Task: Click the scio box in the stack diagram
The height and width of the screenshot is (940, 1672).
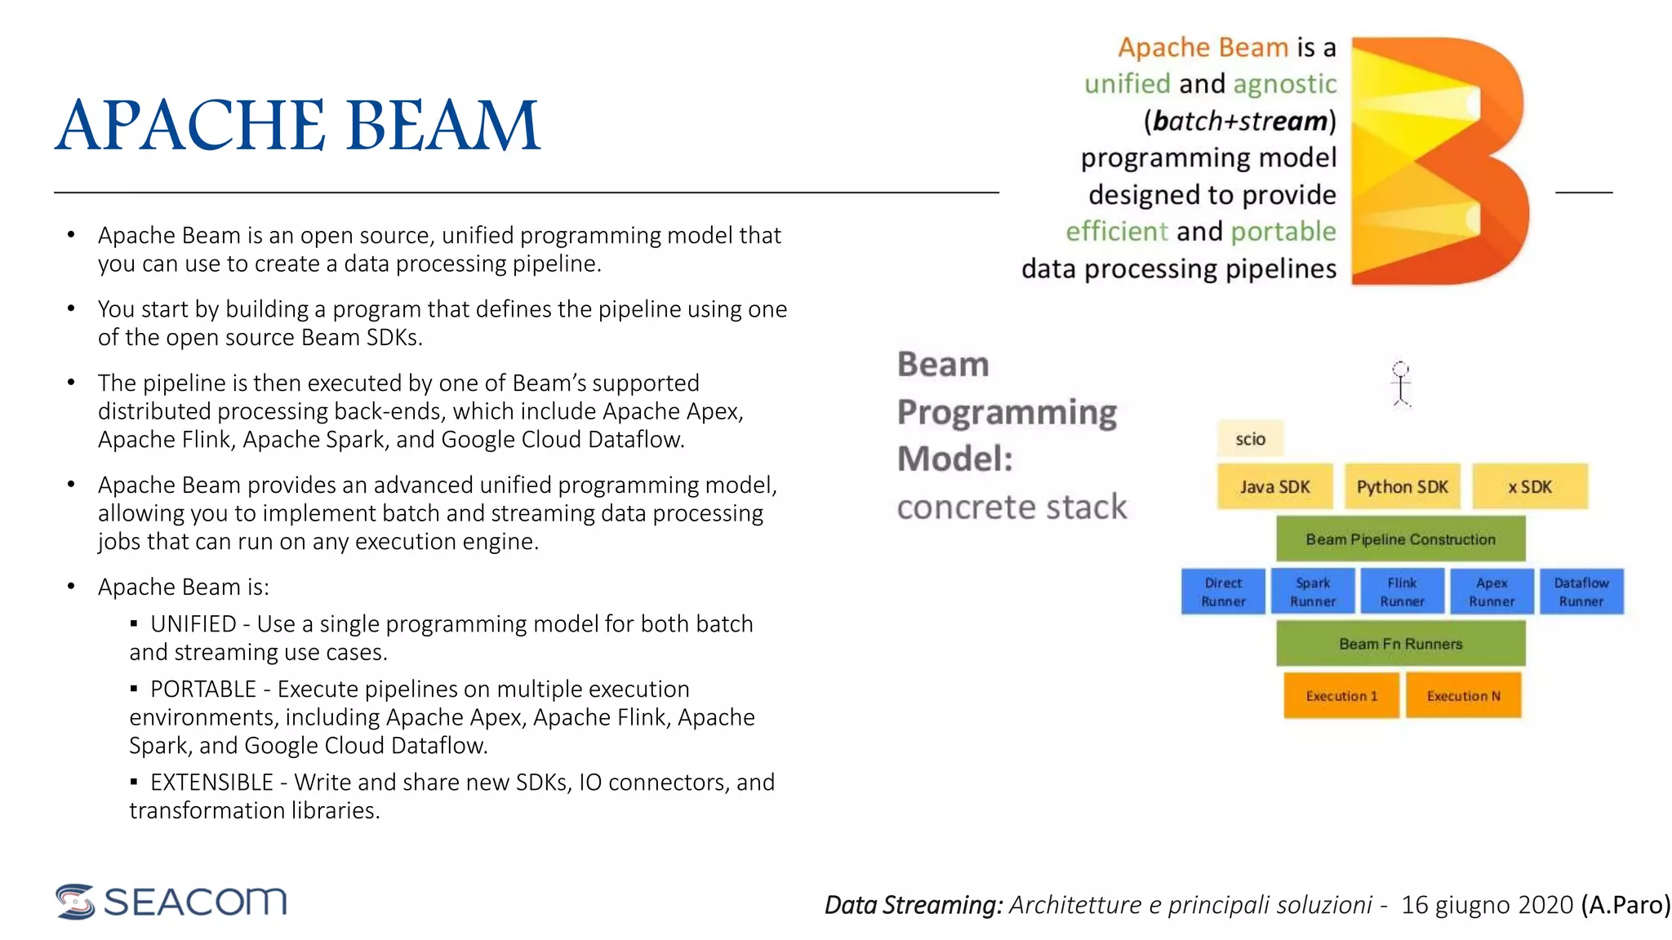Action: point(1249,439)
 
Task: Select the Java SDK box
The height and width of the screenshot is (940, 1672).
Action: point(1274,486)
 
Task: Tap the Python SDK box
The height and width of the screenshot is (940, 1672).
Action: point(1402,486)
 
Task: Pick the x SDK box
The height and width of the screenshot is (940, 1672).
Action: point(1530,486)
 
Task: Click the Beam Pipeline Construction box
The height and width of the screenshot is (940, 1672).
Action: point(1400,539)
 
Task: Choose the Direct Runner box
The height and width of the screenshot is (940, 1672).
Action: point(1223,592)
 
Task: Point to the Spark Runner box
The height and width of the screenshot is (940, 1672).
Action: point(1313,592)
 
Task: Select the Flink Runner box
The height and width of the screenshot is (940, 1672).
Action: point(1402,592)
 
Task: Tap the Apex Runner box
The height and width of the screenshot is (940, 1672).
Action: point(1492,592)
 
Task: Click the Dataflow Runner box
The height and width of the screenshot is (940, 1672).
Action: point(1581,592)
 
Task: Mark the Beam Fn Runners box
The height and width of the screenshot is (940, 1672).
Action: point(1400,644)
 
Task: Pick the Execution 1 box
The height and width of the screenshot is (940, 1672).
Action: point(1341,696)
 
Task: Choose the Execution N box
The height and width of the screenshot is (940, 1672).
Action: point(1463,696)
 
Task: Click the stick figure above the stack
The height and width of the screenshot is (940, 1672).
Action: point(1401,384)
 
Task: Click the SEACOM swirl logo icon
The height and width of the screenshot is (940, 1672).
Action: point(76,902)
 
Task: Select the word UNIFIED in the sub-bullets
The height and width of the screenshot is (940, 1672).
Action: point(193,624)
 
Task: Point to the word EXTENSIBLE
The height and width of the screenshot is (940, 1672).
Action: point(211,783)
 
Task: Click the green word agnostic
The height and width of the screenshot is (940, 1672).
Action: point(1284,84)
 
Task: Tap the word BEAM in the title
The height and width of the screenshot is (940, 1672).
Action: point(443,126)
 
